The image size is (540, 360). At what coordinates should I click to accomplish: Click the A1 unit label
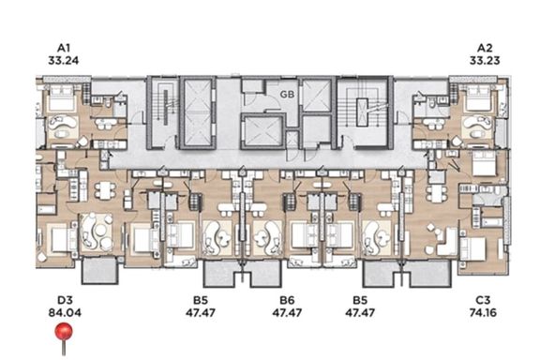pyautogui.click(x=64, y=48)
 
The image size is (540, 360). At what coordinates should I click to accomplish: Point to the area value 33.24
pyautogui.click(x=64, y=61)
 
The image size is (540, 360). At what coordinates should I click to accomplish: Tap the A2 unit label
pyautogui.click(x=485, y=48)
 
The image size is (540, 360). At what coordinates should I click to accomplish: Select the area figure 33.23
pyautogui.click(x=485, y=61)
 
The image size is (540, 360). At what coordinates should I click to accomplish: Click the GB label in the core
pyautogui.click(x=287, y=94)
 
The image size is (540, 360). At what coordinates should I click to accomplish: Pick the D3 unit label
pyautogui.click(x=65, y=300)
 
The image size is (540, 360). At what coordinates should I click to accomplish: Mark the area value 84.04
pyautogui.click(x=65, y=313)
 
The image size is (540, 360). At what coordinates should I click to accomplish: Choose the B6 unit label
pyautogui.click(x=287, y=300)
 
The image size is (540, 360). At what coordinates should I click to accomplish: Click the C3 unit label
pyautogui.click(x=483, y=300)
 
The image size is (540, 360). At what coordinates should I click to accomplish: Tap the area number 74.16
pyautogui.click(x=483, y=313)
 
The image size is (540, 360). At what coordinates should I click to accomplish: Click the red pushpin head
pyautogui.click(x=64, y=332)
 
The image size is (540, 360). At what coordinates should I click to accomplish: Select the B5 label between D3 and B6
pyautogui.click(x=201, y=300)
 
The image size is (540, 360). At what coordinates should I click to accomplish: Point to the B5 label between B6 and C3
pyautogui.click(x=360, y=300)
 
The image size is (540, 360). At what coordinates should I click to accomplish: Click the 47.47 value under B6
pyautogui.click(x=287, y=313)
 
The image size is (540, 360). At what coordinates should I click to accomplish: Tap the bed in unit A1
pyautogui.click(x=62, y=98)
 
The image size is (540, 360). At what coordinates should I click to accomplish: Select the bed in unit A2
pyautogui.click(x=478, y=98)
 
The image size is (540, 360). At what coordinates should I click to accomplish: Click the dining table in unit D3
pyautogui.click(x=105, y=190)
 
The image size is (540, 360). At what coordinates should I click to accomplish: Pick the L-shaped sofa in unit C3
pyautogui.click(x=446, y=242)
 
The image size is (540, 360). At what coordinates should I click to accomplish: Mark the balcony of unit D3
pyautogui.click(x=100, y=270)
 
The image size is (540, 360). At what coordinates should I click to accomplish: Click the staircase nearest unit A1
pyautogui.click(x=163, y=112)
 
